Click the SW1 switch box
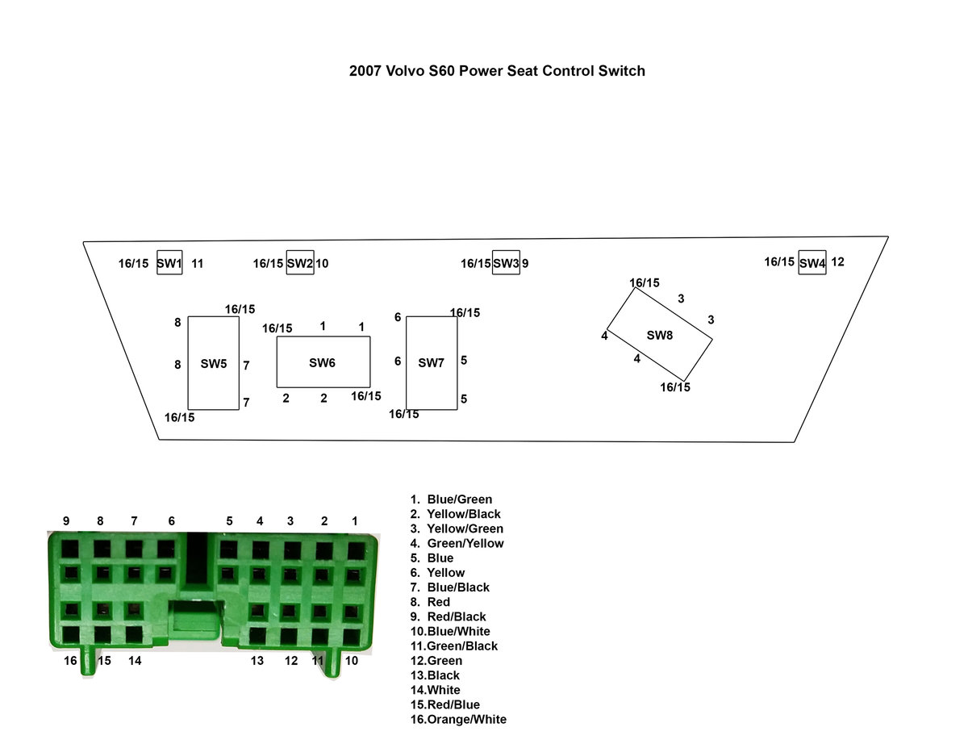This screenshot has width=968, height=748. tap(169, 263)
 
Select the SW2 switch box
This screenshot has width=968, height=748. tap(299, 263)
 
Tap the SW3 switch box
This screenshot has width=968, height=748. tap(506, 263)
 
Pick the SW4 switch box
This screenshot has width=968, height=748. tap(812, 263)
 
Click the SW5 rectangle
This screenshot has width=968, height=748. tap(214, 363)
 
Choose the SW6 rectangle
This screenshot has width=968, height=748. tap(323, 362)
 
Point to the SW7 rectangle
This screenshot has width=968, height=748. tap(431, 363)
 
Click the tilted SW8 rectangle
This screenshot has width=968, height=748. tap(659, 335)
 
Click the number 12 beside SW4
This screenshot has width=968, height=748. tap(837, 261)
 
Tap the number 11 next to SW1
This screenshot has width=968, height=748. tap(198, 263)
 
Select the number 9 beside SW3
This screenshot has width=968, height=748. tap(525, 263)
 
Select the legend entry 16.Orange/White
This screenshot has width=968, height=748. tap(458, 720)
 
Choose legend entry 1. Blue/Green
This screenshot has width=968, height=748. tap(451, 499)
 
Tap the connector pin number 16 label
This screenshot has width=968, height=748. tap(71, 661)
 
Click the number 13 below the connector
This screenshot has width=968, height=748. tap(257, 661)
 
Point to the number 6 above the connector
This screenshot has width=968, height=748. tap(171, 521)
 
